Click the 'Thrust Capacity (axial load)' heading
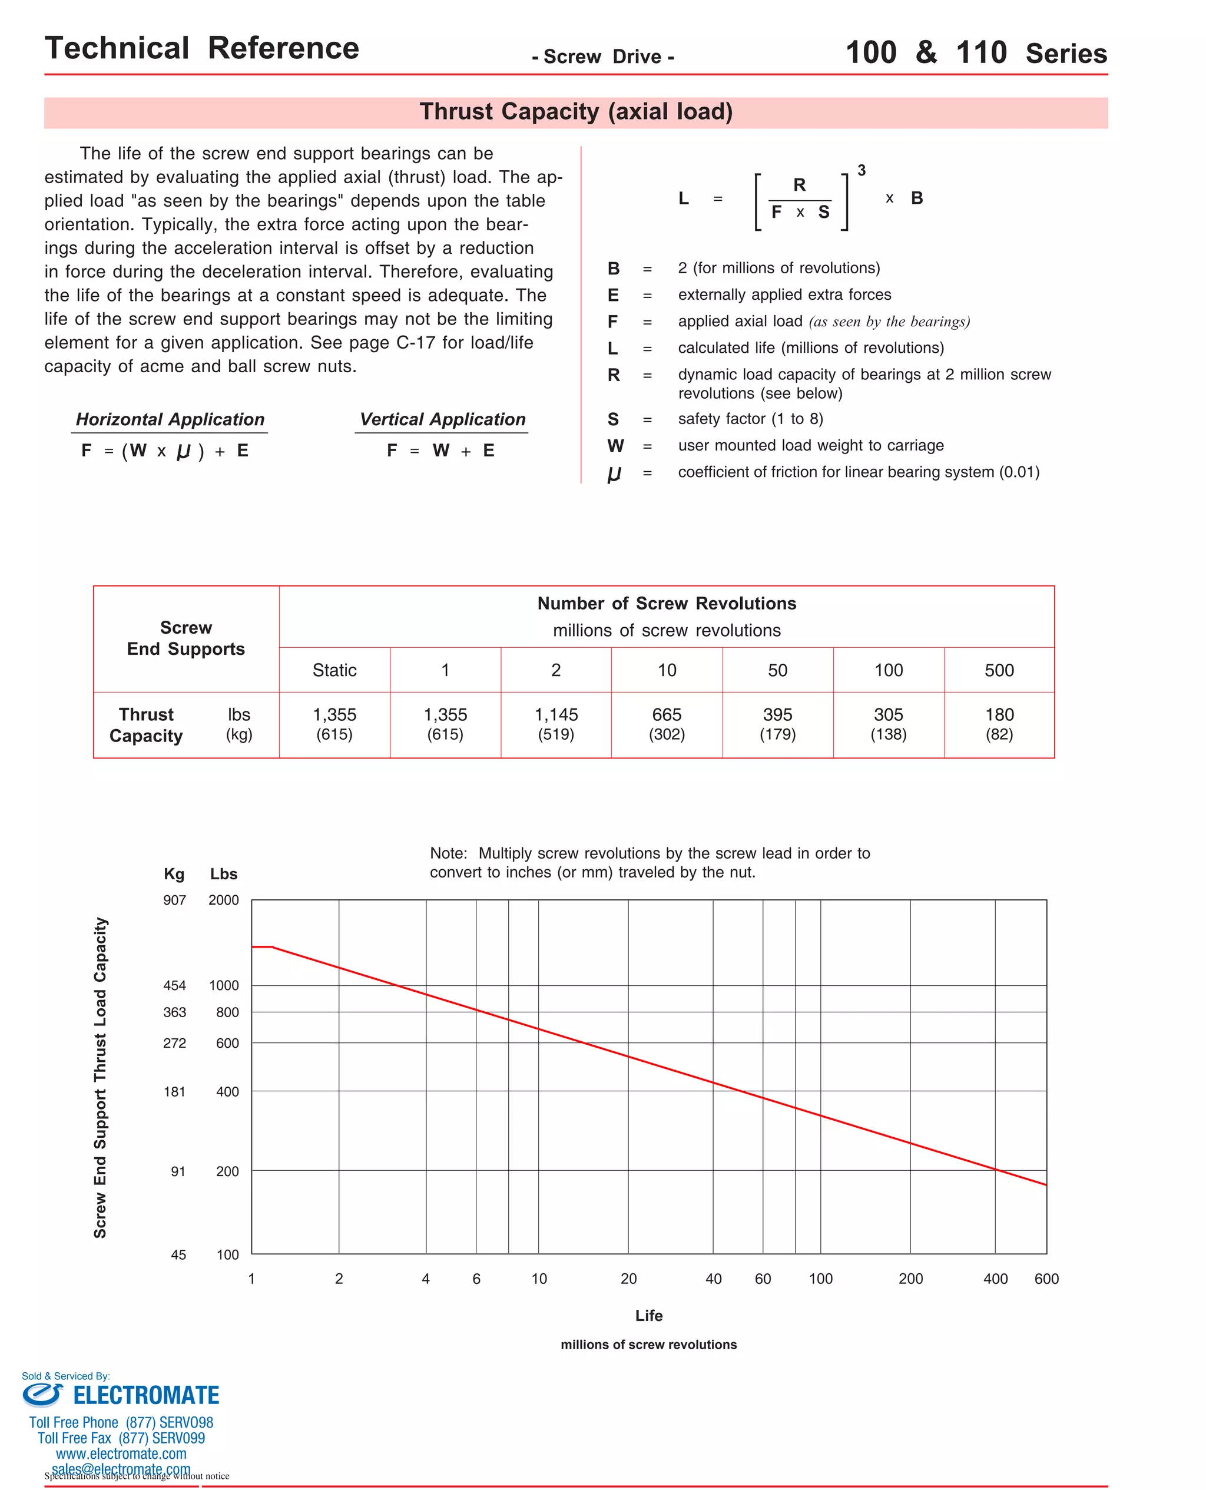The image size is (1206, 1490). [x=576, y=112]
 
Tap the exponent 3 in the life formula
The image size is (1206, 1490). [x=862, y=170]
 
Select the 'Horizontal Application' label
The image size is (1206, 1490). [x=170, y=419]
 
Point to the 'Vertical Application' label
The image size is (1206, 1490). [x=442, y=419]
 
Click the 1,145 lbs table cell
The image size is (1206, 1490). [x=556, y=715]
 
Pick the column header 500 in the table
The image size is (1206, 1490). [x=999, y=670]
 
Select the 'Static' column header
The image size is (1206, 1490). [x=334, y=670]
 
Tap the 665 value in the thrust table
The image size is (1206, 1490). [x=667, y=715]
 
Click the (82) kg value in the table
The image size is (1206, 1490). [x=999, y=734]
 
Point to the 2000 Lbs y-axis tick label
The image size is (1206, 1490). [x=224, y=900]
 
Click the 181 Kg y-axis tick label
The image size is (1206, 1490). [x=174, y=1092]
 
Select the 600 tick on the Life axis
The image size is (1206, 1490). [x=1046, y=1279]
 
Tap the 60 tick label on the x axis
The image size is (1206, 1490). [x=763, y=1279]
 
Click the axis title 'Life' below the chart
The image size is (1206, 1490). [x=649, y=1316]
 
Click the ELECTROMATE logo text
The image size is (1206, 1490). [x=146, y=1396]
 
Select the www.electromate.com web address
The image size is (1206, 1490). [x=121, y=1454]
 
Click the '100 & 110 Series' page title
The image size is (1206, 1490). [x=976, y=53]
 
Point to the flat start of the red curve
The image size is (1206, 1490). [x=262, y=947]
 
